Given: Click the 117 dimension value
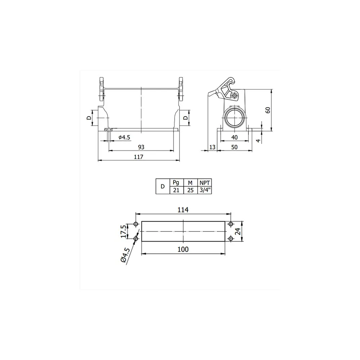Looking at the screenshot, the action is (x=139, y=157).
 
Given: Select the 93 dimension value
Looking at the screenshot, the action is (x=141, y=147).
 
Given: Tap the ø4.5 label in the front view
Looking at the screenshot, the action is (x=124, y=137).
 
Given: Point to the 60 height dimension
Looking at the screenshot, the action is (x=268, y=110).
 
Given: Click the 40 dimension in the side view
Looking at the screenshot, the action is (x=234, y=137).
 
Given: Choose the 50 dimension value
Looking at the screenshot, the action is (x=234, y=147).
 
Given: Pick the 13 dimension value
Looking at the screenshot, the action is (x=213, y=147).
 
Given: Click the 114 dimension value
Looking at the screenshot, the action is (x=183, y=210).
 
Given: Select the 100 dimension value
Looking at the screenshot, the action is (x=183, y=249).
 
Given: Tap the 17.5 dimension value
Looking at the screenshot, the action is (x=123, y=231).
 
